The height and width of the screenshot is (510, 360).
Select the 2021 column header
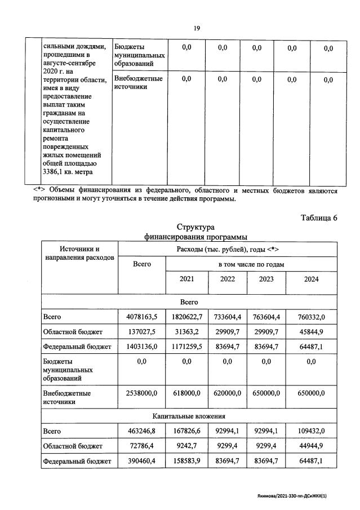pos(186,279)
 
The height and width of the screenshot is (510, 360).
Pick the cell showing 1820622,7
pos(186,317)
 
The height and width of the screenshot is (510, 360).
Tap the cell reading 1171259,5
pos(186,346)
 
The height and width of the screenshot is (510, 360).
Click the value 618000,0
pos(186,393)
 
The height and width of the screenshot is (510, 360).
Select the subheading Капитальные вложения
pos(189,416)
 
